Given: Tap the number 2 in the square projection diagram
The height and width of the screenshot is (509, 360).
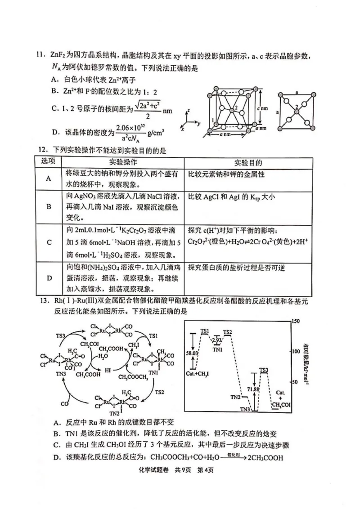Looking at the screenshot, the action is point(297,107).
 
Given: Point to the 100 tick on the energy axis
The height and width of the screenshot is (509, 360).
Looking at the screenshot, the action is point(296,351).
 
